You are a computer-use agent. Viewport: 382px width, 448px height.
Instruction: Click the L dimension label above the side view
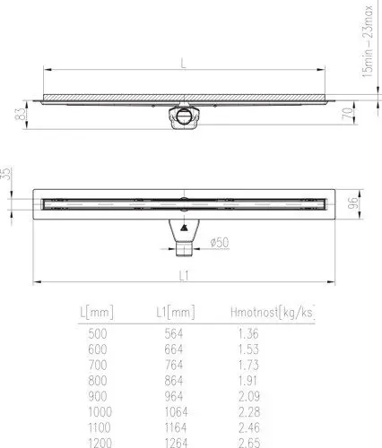(183, 63)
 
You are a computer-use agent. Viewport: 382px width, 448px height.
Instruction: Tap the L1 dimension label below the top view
(184, 275)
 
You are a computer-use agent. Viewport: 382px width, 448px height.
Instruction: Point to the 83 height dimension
(21, 114)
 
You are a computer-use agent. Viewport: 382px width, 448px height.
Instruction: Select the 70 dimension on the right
(347, 114)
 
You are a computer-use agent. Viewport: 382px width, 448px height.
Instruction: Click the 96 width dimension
(352, 203)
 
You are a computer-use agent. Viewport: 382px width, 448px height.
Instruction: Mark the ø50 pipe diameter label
(220, 242)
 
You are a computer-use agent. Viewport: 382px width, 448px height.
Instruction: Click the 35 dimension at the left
(6, 174)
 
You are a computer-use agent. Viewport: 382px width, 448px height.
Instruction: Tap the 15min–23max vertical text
(368, 42)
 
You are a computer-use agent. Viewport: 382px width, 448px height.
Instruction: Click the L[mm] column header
(97, 313)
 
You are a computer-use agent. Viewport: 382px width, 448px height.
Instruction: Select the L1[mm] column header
(176, 313)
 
